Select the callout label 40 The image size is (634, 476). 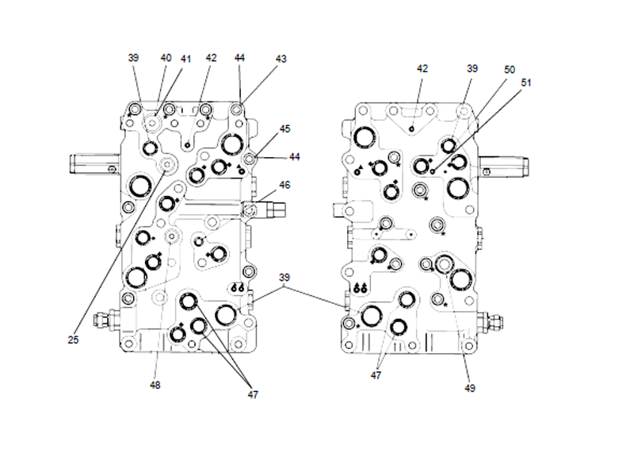(166, 58)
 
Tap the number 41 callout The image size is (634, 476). (185, 59)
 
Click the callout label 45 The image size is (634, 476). (285, 129)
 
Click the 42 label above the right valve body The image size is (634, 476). (422, 69)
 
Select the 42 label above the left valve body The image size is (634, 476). (211, 58)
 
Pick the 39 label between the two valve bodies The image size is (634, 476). (285, 278)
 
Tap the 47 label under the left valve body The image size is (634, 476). (251, 394)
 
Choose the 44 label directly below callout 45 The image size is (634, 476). (295, 157)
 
